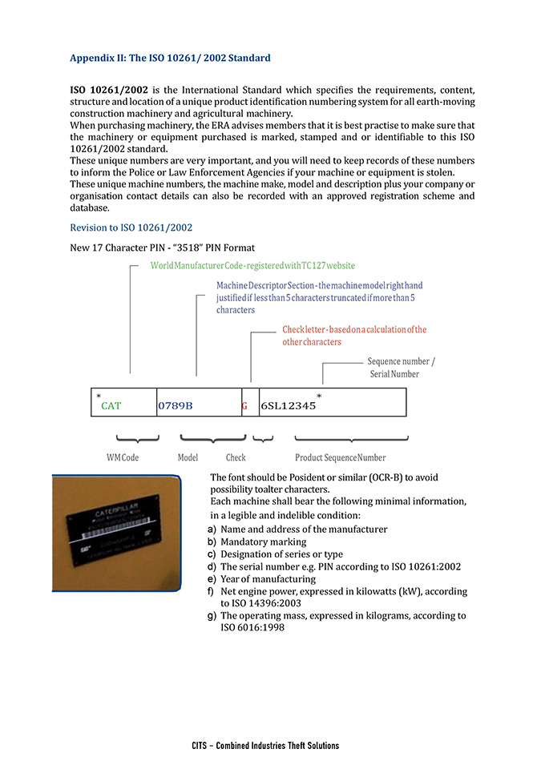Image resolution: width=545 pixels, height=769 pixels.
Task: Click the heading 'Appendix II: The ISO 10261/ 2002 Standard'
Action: pyautogui.click(x=170, y=58)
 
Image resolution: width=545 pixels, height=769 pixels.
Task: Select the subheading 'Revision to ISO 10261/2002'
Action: pyautogui.click(x=131, y=227)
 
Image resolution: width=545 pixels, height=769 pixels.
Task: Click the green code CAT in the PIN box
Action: pyautogui.click(x=111, y=406)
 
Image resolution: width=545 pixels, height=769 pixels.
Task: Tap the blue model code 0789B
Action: pyautogui.click(x=176, y=406)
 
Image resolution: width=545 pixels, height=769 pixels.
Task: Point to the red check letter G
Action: pyautogui.click(x=244, y=406)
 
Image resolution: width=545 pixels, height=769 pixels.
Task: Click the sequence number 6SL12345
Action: pyautogui.click(x=288, y=406)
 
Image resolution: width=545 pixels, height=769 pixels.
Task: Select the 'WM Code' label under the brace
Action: pyautogui.click(x=123, y=457)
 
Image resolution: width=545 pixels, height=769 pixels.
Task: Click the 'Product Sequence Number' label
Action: pyautogui.click(x=340, y=457)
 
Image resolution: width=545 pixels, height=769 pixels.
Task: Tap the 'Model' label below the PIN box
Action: pyautogui.click(x=188, y=457)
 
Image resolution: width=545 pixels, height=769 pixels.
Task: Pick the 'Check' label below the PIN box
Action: pyautogui.click(x=236, y=457)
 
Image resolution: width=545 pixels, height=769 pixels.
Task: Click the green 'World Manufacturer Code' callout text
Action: pyautogui.click(x=252, y=265)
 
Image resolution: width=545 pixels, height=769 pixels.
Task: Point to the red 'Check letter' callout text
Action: pyautogui.click(x=354, y=336)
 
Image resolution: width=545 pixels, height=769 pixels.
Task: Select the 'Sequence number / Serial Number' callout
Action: pyautogui.click(x=401, y=368)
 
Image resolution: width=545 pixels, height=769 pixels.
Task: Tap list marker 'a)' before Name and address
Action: pyautogui.click(x=212, y=529)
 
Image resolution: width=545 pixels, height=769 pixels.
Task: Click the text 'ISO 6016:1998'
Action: pyautogui.click(x=252, y=627)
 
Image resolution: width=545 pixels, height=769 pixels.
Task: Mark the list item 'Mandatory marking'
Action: pyautogui.click(x=263, y=542)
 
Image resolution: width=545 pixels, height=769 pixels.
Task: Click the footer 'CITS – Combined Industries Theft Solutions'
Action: pyautogui.click(x=265, y=746)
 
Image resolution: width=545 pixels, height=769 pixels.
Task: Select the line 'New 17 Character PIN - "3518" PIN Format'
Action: pyautogui.click(x=163, y=248)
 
